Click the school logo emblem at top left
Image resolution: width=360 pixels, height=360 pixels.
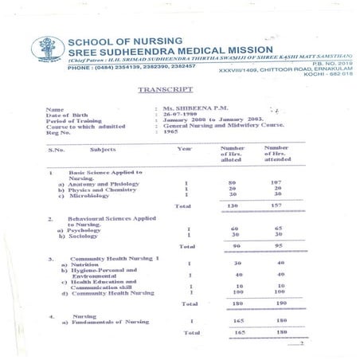[44, 50]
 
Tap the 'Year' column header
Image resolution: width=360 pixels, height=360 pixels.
[185, 149]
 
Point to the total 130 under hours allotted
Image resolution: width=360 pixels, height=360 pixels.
[233, 205]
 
